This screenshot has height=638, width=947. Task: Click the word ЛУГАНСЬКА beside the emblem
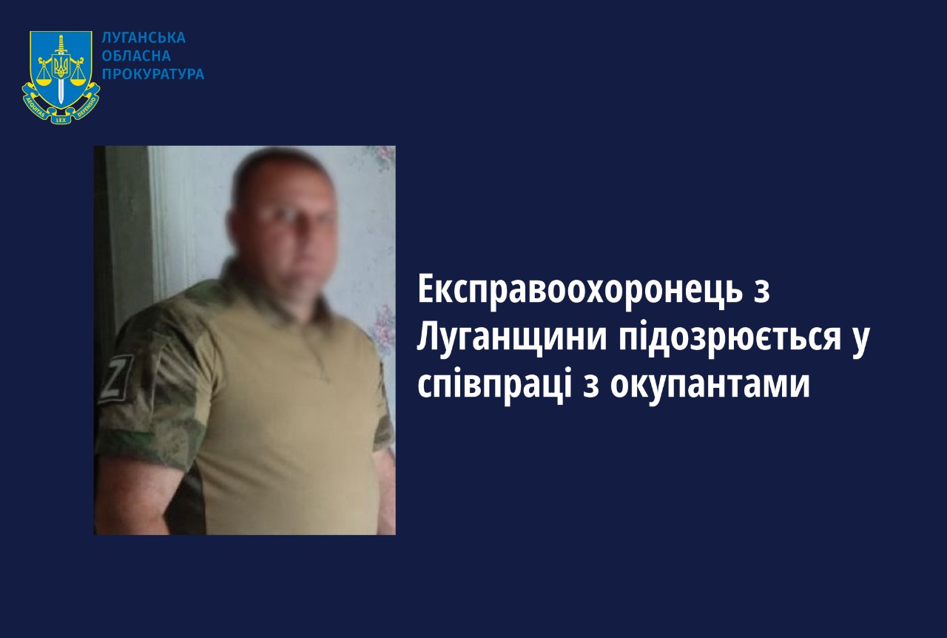coord(144,38)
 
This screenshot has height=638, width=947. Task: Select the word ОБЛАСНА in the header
coord(136,56)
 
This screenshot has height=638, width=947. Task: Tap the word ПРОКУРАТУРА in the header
coord(153,74)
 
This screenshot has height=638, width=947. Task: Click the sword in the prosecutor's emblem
coord(61,70)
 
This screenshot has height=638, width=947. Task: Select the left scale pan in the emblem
coord(43,78)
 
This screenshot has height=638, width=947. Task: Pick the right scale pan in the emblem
coord(78,78)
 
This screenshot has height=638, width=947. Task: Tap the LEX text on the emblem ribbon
coord(61,120)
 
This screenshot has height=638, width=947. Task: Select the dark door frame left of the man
coord(123,237)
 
